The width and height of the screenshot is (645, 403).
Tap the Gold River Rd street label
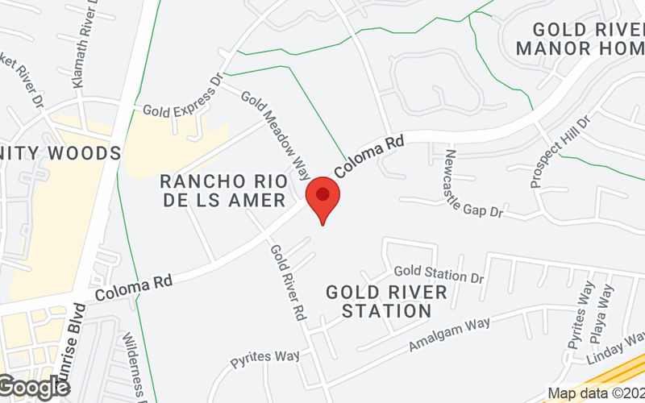287,282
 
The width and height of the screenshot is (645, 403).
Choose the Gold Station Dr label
439,274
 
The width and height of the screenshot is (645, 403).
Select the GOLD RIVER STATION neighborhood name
385,301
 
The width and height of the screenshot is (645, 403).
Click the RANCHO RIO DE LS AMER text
223,189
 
